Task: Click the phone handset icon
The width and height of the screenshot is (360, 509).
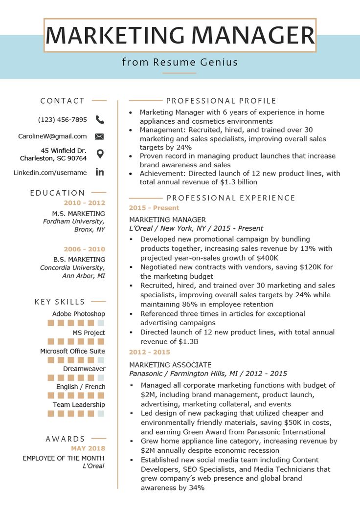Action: [x=100, y=119]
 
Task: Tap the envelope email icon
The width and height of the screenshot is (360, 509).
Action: [x=99, y=136]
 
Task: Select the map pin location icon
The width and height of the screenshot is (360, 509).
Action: [x=100, y=154]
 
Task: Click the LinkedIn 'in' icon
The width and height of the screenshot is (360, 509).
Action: [x=100, y=172]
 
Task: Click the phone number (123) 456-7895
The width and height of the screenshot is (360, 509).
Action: [x=63, y=119]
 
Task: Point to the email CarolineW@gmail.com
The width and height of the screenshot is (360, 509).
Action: [x=52, y=136]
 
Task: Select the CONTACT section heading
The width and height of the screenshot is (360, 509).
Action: [x=63, y=101]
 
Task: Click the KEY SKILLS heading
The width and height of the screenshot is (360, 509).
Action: [x=60, y=302]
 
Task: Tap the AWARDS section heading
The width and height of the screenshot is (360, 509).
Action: [x=66, y=439]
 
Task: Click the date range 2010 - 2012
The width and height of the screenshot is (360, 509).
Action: [x=85, y=202]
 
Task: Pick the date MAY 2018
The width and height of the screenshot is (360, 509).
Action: [x=88, y=448]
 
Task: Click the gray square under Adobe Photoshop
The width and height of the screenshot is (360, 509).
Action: [x=101, y=323]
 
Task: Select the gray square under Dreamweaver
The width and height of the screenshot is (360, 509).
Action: [x=101, y=377]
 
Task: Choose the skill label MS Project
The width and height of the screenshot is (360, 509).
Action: [x=89, y=332]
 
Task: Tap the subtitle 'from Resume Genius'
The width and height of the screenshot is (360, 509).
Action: [x=180, y=62]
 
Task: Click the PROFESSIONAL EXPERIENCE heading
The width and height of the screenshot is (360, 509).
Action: [x=231, y=198]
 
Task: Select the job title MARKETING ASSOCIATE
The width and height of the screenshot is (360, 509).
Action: [x=170, y=365]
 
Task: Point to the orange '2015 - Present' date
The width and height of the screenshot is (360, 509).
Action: [x=147, y=208]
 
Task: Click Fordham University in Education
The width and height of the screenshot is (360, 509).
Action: [x=74, y=221]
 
